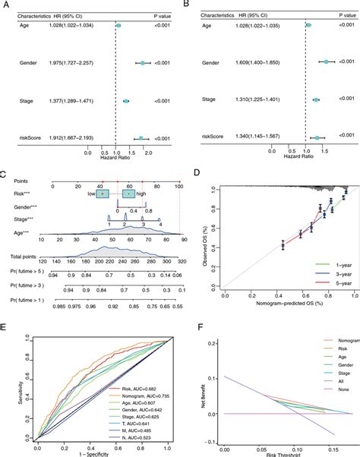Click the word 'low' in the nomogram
tap(90, 194)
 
